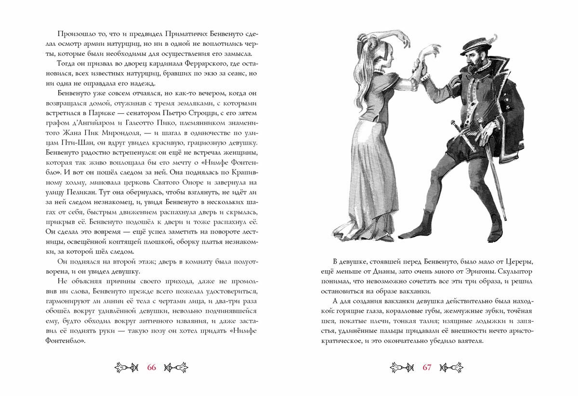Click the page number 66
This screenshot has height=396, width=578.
point(152,367)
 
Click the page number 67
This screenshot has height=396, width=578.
point(426,367)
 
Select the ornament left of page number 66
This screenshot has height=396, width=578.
point(126,367)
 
